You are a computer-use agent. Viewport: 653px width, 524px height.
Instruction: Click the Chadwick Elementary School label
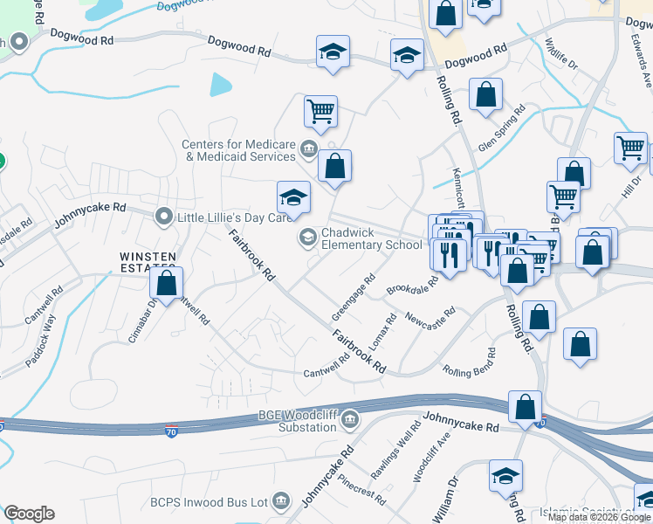(x=372, y=239)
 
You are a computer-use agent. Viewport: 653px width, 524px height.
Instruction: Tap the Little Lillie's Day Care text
(x=233, y=217)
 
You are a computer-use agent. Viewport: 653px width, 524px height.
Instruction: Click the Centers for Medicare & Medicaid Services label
(x=239, y=151)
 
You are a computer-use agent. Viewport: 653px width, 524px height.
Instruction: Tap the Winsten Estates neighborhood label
(x=148, y=257)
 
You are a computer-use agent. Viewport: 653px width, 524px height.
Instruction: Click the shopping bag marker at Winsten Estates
(x=166, y=283)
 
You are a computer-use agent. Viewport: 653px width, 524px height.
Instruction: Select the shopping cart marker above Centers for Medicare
(x=320, y=111)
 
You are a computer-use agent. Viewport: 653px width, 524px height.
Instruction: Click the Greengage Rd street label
(x=354, y=297)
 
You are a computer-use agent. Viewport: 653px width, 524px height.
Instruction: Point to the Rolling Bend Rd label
(x=470, y=362)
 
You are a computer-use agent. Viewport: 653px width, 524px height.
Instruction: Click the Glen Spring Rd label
(x=502, y=128)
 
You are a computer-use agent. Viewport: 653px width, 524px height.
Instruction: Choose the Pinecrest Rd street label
(x=361, y=492)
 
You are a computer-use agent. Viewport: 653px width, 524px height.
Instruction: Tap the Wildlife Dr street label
(x=560, y=54)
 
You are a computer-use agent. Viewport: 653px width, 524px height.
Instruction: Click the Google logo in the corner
(x=29, y=514)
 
